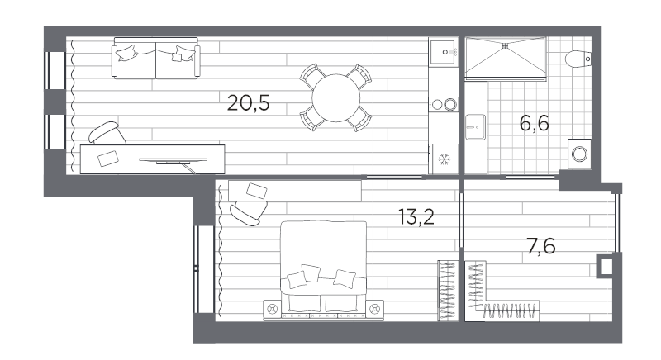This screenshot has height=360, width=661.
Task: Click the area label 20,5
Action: pos(248,102)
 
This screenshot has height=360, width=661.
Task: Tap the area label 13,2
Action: pos(416,217)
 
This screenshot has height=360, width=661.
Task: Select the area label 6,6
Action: pos(534,123)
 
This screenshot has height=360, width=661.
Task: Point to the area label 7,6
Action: pos(541,246)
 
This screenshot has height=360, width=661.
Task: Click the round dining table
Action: pos(336,97)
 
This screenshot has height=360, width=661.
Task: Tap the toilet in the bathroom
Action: pos(578,59)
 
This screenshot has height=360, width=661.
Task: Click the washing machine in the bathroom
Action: pos(579,154)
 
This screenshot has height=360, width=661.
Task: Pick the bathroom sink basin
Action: pos(476,126)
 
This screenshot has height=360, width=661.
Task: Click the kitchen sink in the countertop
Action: pos(443,52)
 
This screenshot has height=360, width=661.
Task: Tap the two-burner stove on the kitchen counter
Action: pos(444,104)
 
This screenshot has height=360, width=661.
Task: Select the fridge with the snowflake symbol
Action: pos(444,159)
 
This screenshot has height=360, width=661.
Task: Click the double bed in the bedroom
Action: pos(323,268)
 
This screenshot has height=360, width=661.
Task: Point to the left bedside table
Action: pos(272,310)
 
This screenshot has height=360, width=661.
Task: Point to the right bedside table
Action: pos(375,310)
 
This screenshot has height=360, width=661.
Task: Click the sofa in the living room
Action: pos(155,58)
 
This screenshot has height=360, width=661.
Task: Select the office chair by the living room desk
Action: pos(107,134)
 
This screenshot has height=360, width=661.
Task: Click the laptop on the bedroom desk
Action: pos(257,191)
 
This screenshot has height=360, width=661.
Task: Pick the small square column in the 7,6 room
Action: pos(606,266)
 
